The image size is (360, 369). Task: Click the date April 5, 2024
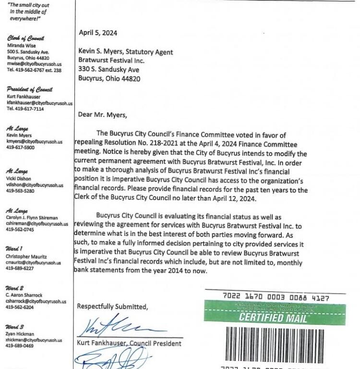click(x=98, y=33)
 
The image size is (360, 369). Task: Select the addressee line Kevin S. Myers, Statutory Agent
click(x=126, y=52)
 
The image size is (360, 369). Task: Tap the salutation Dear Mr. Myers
click(x=103, y=114)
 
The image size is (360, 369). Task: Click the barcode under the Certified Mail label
click(x=278, y=344)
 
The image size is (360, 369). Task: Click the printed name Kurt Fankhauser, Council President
click(x=129, y=343)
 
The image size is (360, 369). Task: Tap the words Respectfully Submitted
click(x=112, y=307)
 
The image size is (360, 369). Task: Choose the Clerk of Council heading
click(x=25, y=38)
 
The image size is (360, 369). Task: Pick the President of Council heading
click(x=29, y=89)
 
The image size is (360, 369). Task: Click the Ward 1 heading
click(x=14, y=249)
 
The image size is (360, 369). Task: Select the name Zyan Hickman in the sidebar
click(x=20, y=334)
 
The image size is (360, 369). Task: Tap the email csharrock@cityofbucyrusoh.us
click(x=36, y=301)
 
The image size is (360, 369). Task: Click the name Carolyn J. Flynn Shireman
click(x=32, y=218)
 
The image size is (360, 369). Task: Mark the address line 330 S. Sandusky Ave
click(x=108, y=70)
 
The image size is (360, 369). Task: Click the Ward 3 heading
click(x=14, y=326)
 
